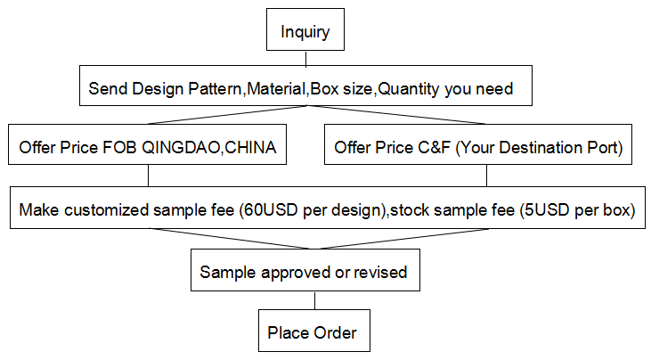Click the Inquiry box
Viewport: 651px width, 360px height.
point(305,29)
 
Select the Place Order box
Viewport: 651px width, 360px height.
point(314,331)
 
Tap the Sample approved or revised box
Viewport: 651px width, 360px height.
point(305,270)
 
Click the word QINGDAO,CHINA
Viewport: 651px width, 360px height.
point(209,148)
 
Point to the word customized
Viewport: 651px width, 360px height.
point(107,209)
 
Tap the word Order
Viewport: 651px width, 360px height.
point(335,332)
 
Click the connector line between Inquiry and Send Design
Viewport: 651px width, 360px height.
point(306,58)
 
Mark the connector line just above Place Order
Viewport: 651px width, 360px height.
point(314,300)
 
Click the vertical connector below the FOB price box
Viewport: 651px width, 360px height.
point(148,176)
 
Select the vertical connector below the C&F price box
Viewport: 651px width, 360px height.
point(486,176)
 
